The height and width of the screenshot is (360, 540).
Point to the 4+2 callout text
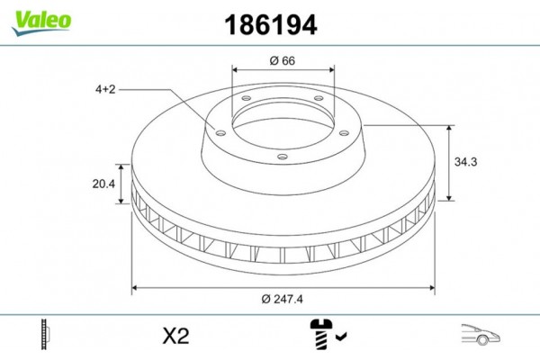click(x=106, y=89)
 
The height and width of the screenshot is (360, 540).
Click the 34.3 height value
click(x=464, y=162)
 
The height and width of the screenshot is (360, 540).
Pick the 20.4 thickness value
click(x=104, y=184)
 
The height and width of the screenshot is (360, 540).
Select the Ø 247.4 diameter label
click(x=283, y=299)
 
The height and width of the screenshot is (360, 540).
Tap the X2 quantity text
click(x=175, y=337)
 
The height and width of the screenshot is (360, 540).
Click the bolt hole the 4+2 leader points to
click(x=218, y=130)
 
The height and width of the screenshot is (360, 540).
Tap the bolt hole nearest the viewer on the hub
click(x=283, y=157)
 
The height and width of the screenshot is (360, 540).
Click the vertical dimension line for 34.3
click(x=448, y=162)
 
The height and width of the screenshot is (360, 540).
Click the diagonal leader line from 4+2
click(x=171, y=107)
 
